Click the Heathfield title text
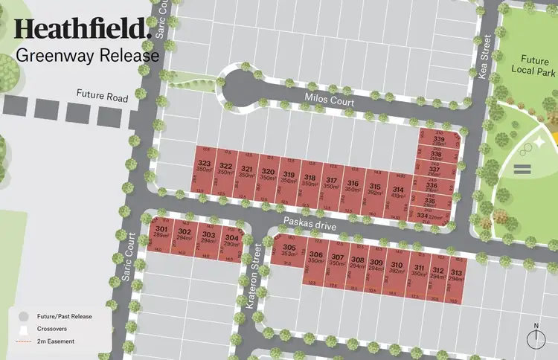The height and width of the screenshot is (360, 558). [83, 30]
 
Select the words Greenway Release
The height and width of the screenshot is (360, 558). [87, 55]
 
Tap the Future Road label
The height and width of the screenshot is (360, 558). [101, 97]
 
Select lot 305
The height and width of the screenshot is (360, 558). [289, 251]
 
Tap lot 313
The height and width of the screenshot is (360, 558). [456, 275]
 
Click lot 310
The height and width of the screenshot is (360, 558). [396, 268]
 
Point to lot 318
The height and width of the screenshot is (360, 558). [310, 181]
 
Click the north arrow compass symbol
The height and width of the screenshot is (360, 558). [535, 338]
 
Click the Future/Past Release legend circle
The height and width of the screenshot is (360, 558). [24, 316]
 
